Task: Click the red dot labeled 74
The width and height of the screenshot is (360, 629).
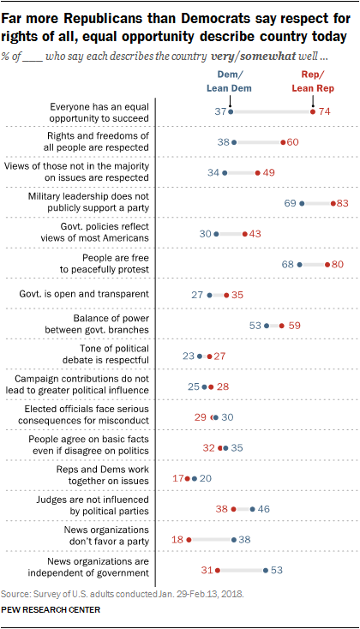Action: pyautogui.click(x=313, y=111)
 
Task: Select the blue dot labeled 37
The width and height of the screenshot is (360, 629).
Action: pyautogui.click(x=231, y=111)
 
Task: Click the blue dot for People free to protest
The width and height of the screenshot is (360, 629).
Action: pyautogui.click(x=299, y=264)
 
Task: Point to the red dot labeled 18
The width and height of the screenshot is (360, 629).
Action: pyautogui.click(x=189, y=539)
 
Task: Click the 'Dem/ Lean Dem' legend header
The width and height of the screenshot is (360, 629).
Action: pyautogui.click(x=231, y=81)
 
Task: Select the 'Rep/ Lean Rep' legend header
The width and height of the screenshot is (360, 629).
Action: pyautogui.click(x=314, y=81)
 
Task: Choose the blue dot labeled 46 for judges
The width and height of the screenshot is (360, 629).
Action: pyautogui.click(x=252, y=508)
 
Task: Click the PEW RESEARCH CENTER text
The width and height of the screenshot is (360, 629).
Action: pyautogui.click(x=51, y=609)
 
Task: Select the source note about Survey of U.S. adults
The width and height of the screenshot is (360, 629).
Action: pyautogui.click(x=125, y=591)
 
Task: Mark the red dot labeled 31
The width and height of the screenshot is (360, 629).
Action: pyautogui.click(x=218, y=569)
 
